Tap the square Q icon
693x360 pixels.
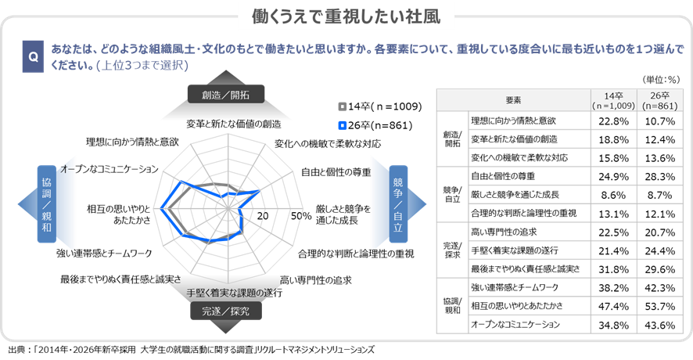33,57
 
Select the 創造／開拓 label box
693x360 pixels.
226,95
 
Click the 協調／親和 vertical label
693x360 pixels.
47,204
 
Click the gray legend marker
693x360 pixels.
343,106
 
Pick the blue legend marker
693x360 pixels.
343,125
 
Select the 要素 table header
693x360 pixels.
513,101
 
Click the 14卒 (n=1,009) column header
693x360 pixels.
614,101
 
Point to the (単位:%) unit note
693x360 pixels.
661,80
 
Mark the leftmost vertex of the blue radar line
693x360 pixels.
161,209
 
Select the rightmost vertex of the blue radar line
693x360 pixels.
260,190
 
